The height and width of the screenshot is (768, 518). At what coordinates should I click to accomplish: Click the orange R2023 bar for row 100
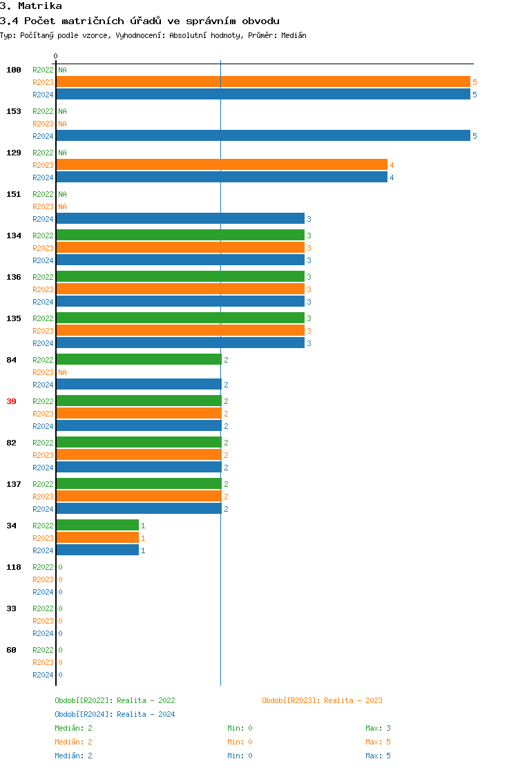[262, 82]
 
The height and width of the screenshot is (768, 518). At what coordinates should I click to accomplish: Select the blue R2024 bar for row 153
[262, 136]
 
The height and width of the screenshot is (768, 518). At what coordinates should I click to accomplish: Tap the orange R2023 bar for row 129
[221, 165]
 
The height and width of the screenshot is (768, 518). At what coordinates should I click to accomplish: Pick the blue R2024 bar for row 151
[180, 219]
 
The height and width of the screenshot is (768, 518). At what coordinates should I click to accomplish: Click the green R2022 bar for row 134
[180, 236]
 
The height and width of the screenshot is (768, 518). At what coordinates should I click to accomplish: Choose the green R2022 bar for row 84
[138, 360]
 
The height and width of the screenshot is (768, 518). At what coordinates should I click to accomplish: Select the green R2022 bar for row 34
[97, 526]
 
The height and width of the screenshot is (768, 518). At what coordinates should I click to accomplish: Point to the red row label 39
[11, 401]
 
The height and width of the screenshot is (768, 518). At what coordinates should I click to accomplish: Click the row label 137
[14, 484]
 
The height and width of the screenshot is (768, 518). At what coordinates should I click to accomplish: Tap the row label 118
[14, 567]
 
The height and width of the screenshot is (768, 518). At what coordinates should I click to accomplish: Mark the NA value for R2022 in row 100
[62, 70]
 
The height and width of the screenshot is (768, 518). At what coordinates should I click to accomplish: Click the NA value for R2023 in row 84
[62, 372]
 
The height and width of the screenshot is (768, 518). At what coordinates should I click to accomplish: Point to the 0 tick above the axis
[56, 56]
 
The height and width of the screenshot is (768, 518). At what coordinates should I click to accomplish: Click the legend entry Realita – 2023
[322, 700]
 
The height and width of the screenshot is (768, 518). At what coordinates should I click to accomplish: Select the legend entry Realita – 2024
[115, 714]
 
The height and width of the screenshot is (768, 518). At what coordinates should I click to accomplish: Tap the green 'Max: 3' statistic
[378, 728]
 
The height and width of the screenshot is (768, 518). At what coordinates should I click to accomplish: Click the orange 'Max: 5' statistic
[378, 742]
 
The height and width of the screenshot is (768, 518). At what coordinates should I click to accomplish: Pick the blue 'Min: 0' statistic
[240, 756]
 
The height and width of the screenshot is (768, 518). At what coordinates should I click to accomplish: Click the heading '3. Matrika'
[31, 6]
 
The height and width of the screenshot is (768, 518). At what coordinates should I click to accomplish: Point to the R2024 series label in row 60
[43, 675]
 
